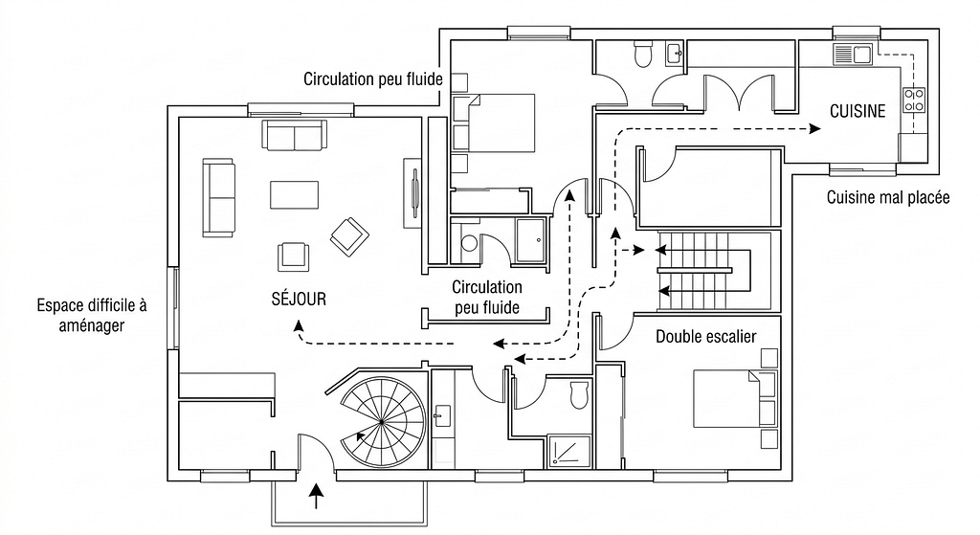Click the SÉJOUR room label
(299, 300)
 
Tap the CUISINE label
(857, 111)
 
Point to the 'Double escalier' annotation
(706, 337)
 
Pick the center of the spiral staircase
(381, 420)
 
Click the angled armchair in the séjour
(348, 235)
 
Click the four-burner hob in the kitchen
(914, 100)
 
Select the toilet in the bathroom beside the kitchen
(642, 55)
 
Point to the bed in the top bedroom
(498, 123)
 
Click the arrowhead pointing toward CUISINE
(814, 126)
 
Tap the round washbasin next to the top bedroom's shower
(469, 242)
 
